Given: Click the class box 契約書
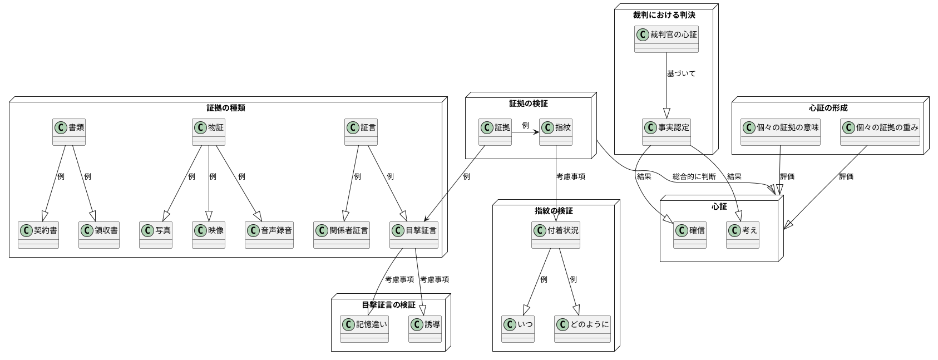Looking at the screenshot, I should [x=38, y=235].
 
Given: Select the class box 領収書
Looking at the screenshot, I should [x=98, y=235].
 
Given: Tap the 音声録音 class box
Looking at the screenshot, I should [x=269, y=235].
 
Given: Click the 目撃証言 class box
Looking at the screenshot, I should [x=413, y=235].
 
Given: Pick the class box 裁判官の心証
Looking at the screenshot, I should [x=666, y=39].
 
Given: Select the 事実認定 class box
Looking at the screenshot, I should [x=666, y=132].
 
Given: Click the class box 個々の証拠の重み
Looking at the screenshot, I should [x=880, y=132].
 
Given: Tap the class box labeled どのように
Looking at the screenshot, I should [x=582, y=329].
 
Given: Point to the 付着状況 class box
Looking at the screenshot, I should [x=555, y=235].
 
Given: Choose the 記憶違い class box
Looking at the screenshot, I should [x=364, y=329].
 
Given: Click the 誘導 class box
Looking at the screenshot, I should [x=424, y=329].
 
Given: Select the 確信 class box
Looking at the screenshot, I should [x=689, y=235].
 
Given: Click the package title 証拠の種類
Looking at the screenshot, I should [x=225, y=108].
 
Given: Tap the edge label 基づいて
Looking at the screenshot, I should [x=681, y=73].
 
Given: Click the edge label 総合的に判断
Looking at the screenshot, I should [x=694, y=176].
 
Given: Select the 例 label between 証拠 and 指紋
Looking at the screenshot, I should [x=525, y=125].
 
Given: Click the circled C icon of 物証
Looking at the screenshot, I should [x=200, y=127].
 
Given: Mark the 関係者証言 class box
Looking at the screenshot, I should [x=341, y=235].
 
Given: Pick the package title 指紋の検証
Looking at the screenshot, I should [x=553, y=211].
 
